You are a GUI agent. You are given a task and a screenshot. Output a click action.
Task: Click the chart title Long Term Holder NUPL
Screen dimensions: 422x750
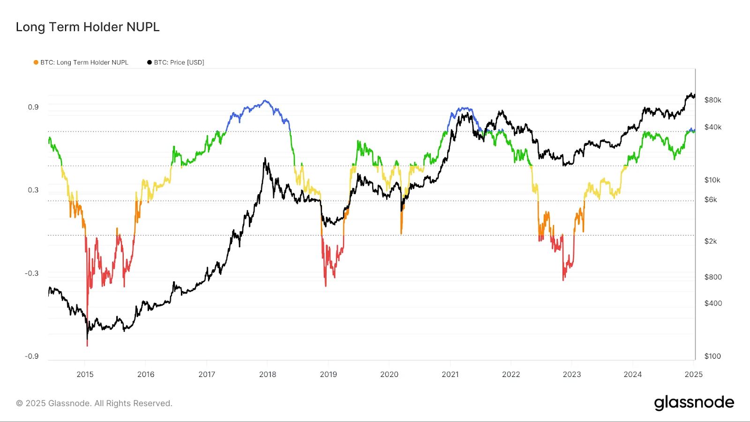point(88,27)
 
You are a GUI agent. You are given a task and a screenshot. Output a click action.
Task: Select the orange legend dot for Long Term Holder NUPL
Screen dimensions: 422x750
point(36,62)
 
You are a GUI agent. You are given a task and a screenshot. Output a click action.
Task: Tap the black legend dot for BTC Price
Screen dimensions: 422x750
point(150,62)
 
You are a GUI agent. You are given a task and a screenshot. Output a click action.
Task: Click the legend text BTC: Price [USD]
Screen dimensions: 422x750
point(179,62)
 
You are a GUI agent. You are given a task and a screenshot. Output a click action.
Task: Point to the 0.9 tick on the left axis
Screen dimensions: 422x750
point(33,107)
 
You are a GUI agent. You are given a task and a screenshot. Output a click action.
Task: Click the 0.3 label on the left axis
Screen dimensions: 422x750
point(33,190)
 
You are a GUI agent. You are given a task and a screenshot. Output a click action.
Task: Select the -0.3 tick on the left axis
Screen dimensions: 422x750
point(32,273)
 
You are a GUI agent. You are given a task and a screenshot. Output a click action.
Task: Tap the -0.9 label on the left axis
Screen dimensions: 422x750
point(32,356)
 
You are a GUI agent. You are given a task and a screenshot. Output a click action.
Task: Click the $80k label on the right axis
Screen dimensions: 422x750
point(712,100)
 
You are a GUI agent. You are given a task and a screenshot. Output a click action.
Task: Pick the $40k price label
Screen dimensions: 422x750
point(712,128)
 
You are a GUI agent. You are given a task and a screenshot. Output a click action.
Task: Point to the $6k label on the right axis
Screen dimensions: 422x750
point(711,200)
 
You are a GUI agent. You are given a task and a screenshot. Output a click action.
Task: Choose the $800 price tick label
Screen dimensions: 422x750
point(713,277)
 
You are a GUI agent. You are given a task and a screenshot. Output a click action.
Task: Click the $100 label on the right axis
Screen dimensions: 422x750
point(712,356)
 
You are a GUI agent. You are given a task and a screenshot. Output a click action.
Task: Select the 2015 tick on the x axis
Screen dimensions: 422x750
point(85,374)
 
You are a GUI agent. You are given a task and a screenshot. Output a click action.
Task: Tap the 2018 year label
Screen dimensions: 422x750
point(268,374)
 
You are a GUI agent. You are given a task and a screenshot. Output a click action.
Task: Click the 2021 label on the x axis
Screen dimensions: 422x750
point(450,374)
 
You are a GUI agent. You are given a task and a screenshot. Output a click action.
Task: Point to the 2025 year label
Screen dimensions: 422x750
point(694,374)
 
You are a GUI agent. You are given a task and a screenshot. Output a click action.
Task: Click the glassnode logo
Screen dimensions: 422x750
point(694,403)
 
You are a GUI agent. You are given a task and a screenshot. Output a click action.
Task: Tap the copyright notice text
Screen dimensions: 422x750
point(94,403)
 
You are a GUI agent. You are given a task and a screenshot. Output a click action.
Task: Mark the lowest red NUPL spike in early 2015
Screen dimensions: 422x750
point(87,345)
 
